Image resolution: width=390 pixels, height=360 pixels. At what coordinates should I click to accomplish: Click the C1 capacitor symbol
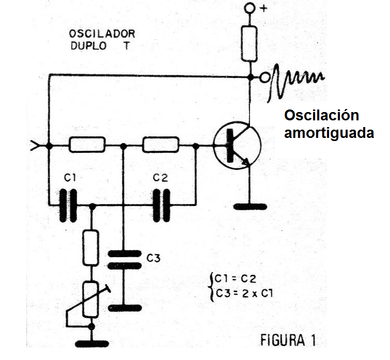68,206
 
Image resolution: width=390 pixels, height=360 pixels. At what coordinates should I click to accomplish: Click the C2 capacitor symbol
161,206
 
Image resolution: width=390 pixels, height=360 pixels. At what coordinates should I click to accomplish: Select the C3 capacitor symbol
124,260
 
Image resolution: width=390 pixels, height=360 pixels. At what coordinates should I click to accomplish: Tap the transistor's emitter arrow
246,161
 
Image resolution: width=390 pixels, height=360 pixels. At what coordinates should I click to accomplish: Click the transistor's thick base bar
230,146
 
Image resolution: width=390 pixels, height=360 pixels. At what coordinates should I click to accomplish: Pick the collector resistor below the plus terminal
249,43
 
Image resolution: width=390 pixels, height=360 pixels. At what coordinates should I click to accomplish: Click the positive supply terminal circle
249,8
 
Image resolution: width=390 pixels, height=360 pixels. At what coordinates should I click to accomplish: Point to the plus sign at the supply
263,8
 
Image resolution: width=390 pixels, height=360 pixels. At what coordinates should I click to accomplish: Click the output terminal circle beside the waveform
264,77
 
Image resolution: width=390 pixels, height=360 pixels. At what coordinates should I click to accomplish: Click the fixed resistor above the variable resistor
90,247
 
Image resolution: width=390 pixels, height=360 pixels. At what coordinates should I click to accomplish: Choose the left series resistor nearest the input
87,145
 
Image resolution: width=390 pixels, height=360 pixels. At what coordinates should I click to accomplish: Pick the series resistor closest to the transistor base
161,145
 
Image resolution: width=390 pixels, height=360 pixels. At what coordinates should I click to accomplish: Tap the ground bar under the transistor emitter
250,207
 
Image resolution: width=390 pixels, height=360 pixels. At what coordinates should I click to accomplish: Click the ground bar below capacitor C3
125,308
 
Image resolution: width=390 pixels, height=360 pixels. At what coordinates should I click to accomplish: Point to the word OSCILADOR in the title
102,34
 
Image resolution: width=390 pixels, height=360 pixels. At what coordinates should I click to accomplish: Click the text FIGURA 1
288,340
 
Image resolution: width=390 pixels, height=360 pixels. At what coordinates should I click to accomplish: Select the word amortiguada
329,133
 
